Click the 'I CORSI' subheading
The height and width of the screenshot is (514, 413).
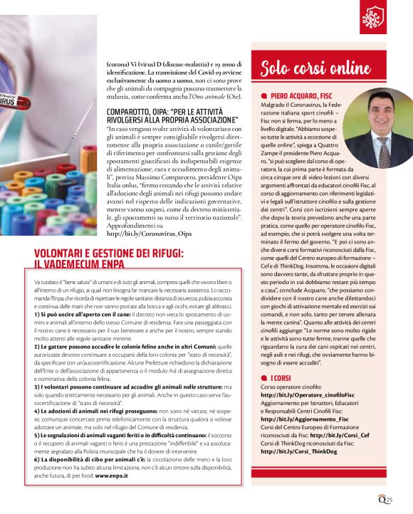[x=281, y=375]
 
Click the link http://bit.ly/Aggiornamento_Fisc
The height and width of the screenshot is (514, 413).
[x=303, y=419]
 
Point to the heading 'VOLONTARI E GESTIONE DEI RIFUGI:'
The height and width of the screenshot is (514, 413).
[x=109, y=253]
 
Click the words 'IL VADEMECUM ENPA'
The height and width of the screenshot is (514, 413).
[x=84, y=263]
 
